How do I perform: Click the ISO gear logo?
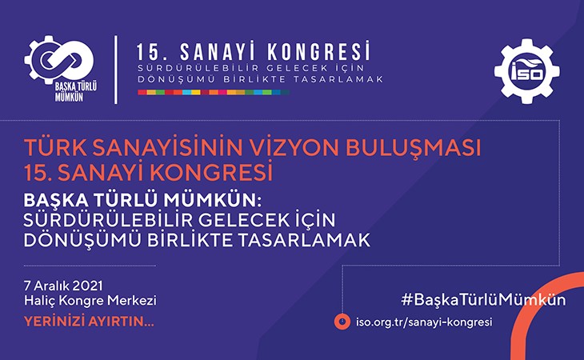pos(526,71)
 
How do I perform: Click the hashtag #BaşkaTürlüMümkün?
pos(483,300)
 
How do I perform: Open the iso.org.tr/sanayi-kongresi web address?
pos(424,322)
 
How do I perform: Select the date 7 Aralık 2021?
pos(63,286)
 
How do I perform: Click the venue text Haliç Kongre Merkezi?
pos(90,301)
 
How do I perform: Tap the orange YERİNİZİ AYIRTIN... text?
pos(89,322)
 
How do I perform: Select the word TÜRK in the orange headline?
pos(55,148)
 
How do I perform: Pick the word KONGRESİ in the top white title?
pos(319,51)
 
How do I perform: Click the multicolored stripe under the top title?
pos(214,92)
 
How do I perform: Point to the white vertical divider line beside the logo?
pos(116,70)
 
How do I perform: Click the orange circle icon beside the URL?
pos(342,322)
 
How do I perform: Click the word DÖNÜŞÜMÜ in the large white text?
pos(82,240)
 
